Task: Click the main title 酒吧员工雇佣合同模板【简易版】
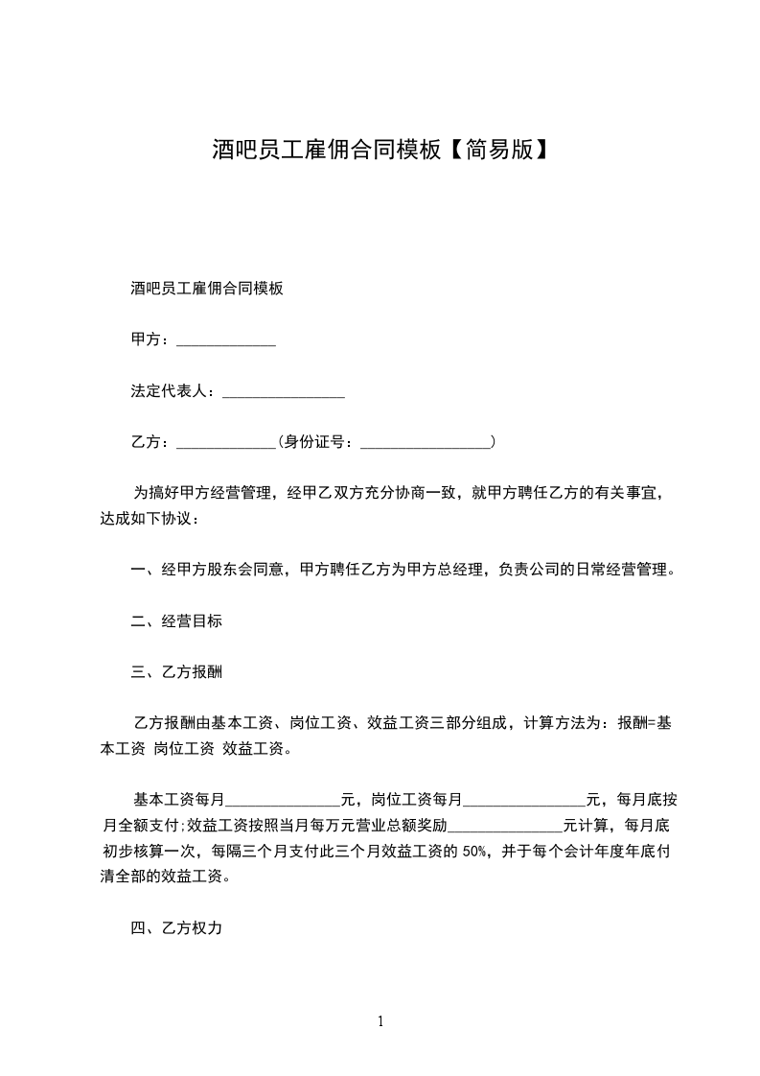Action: coord(380,149)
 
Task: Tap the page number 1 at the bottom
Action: coord(380,1021)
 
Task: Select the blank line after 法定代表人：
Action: coord(283,391)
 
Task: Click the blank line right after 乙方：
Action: coord(226,442)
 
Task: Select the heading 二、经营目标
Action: coord(176,621)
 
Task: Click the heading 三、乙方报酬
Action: coord(176,672)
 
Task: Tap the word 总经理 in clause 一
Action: coord(468,571)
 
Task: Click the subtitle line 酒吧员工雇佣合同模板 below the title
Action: coord(206,289)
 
